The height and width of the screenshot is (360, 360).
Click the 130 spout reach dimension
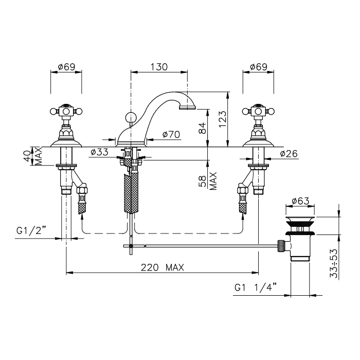coord(159,67)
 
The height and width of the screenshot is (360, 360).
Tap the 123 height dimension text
coord(223,119)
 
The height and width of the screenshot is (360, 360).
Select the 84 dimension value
coord(202,128)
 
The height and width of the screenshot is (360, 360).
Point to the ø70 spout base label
coord(171,135)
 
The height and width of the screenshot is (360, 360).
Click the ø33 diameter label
coord(99,152)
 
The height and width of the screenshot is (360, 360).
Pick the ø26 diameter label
coord(289,154)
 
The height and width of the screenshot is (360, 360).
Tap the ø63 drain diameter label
coord(300,201)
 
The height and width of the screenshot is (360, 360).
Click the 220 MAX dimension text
coord(163,267)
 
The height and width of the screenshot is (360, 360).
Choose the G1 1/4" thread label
coord(256,287)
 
